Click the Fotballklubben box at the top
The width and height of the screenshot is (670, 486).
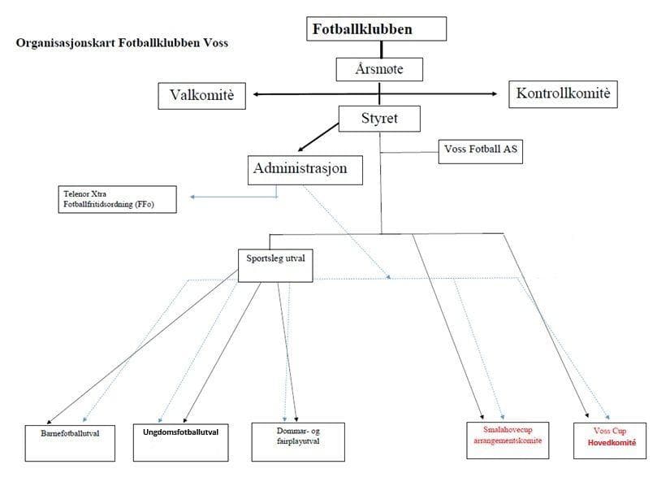pyautogui.click(x=376, y=29)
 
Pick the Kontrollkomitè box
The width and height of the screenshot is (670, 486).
pyautogui.click(x=561, y=94)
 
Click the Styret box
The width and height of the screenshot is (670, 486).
pyautogui.click(x=379, y=120)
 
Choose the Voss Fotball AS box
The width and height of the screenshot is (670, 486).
pyautogui.click(x=480, y=150)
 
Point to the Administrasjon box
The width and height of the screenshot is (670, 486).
pyautogui.click(x=300, y=169)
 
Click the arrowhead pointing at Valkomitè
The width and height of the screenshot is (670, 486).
pyautogui.click(x=257, y=95)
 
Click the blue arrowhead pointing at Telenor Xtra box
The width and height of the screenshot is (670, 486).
pyautogui.click(x=193, y=197)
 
